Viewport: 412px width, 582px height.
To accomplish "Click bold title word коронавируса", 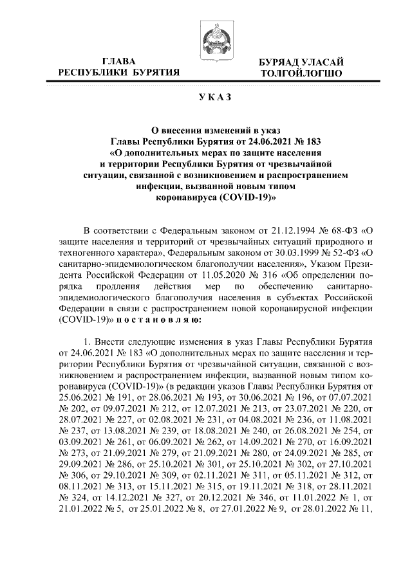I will [186, 198].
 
